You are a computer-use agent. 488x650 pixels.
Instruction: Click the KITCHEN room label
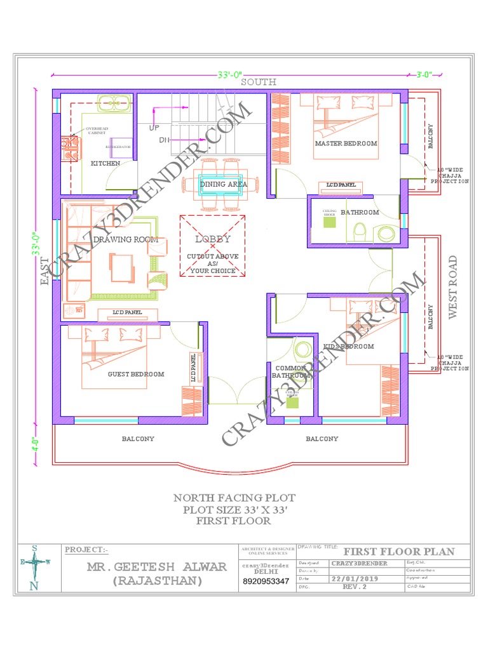click(x=105, y=164)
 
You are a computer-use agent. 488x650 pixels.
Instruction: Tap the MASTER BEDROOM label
click(x=346, y=143)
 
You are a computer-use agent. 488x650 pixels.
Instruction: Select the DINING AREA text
click(x=223, y=184)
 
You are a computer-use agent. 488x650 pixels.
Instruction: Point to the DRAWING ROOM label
click(x=125, y=239)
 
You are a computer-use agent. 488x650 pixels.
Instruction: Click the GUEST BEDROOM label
click(x=136, y=375)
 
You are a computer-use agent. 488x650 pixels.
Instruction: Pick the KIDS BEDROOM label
click(x=349, y=347)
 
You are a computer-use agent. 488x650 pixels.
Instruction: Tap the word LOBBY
click(x=213, y=239)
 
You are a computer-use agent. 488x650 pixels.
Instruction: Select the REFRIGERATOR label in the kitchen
click(x=118, y=147)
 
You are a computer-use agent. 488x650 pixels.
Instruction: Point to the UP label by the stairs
click(x=154, y=128)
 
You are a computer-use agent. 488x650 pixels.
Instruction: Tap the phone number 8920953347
click(x=266, y=581)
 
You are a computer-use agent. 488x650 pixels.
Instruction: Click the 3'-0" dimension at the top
click(x=424, y=74)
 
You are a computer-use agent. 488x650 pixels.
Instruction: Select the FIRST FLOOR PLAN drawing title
click(x=399, y=551)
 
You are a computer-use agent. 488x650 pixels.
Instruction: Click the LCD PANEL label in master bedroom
click(x=342, y=185)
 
